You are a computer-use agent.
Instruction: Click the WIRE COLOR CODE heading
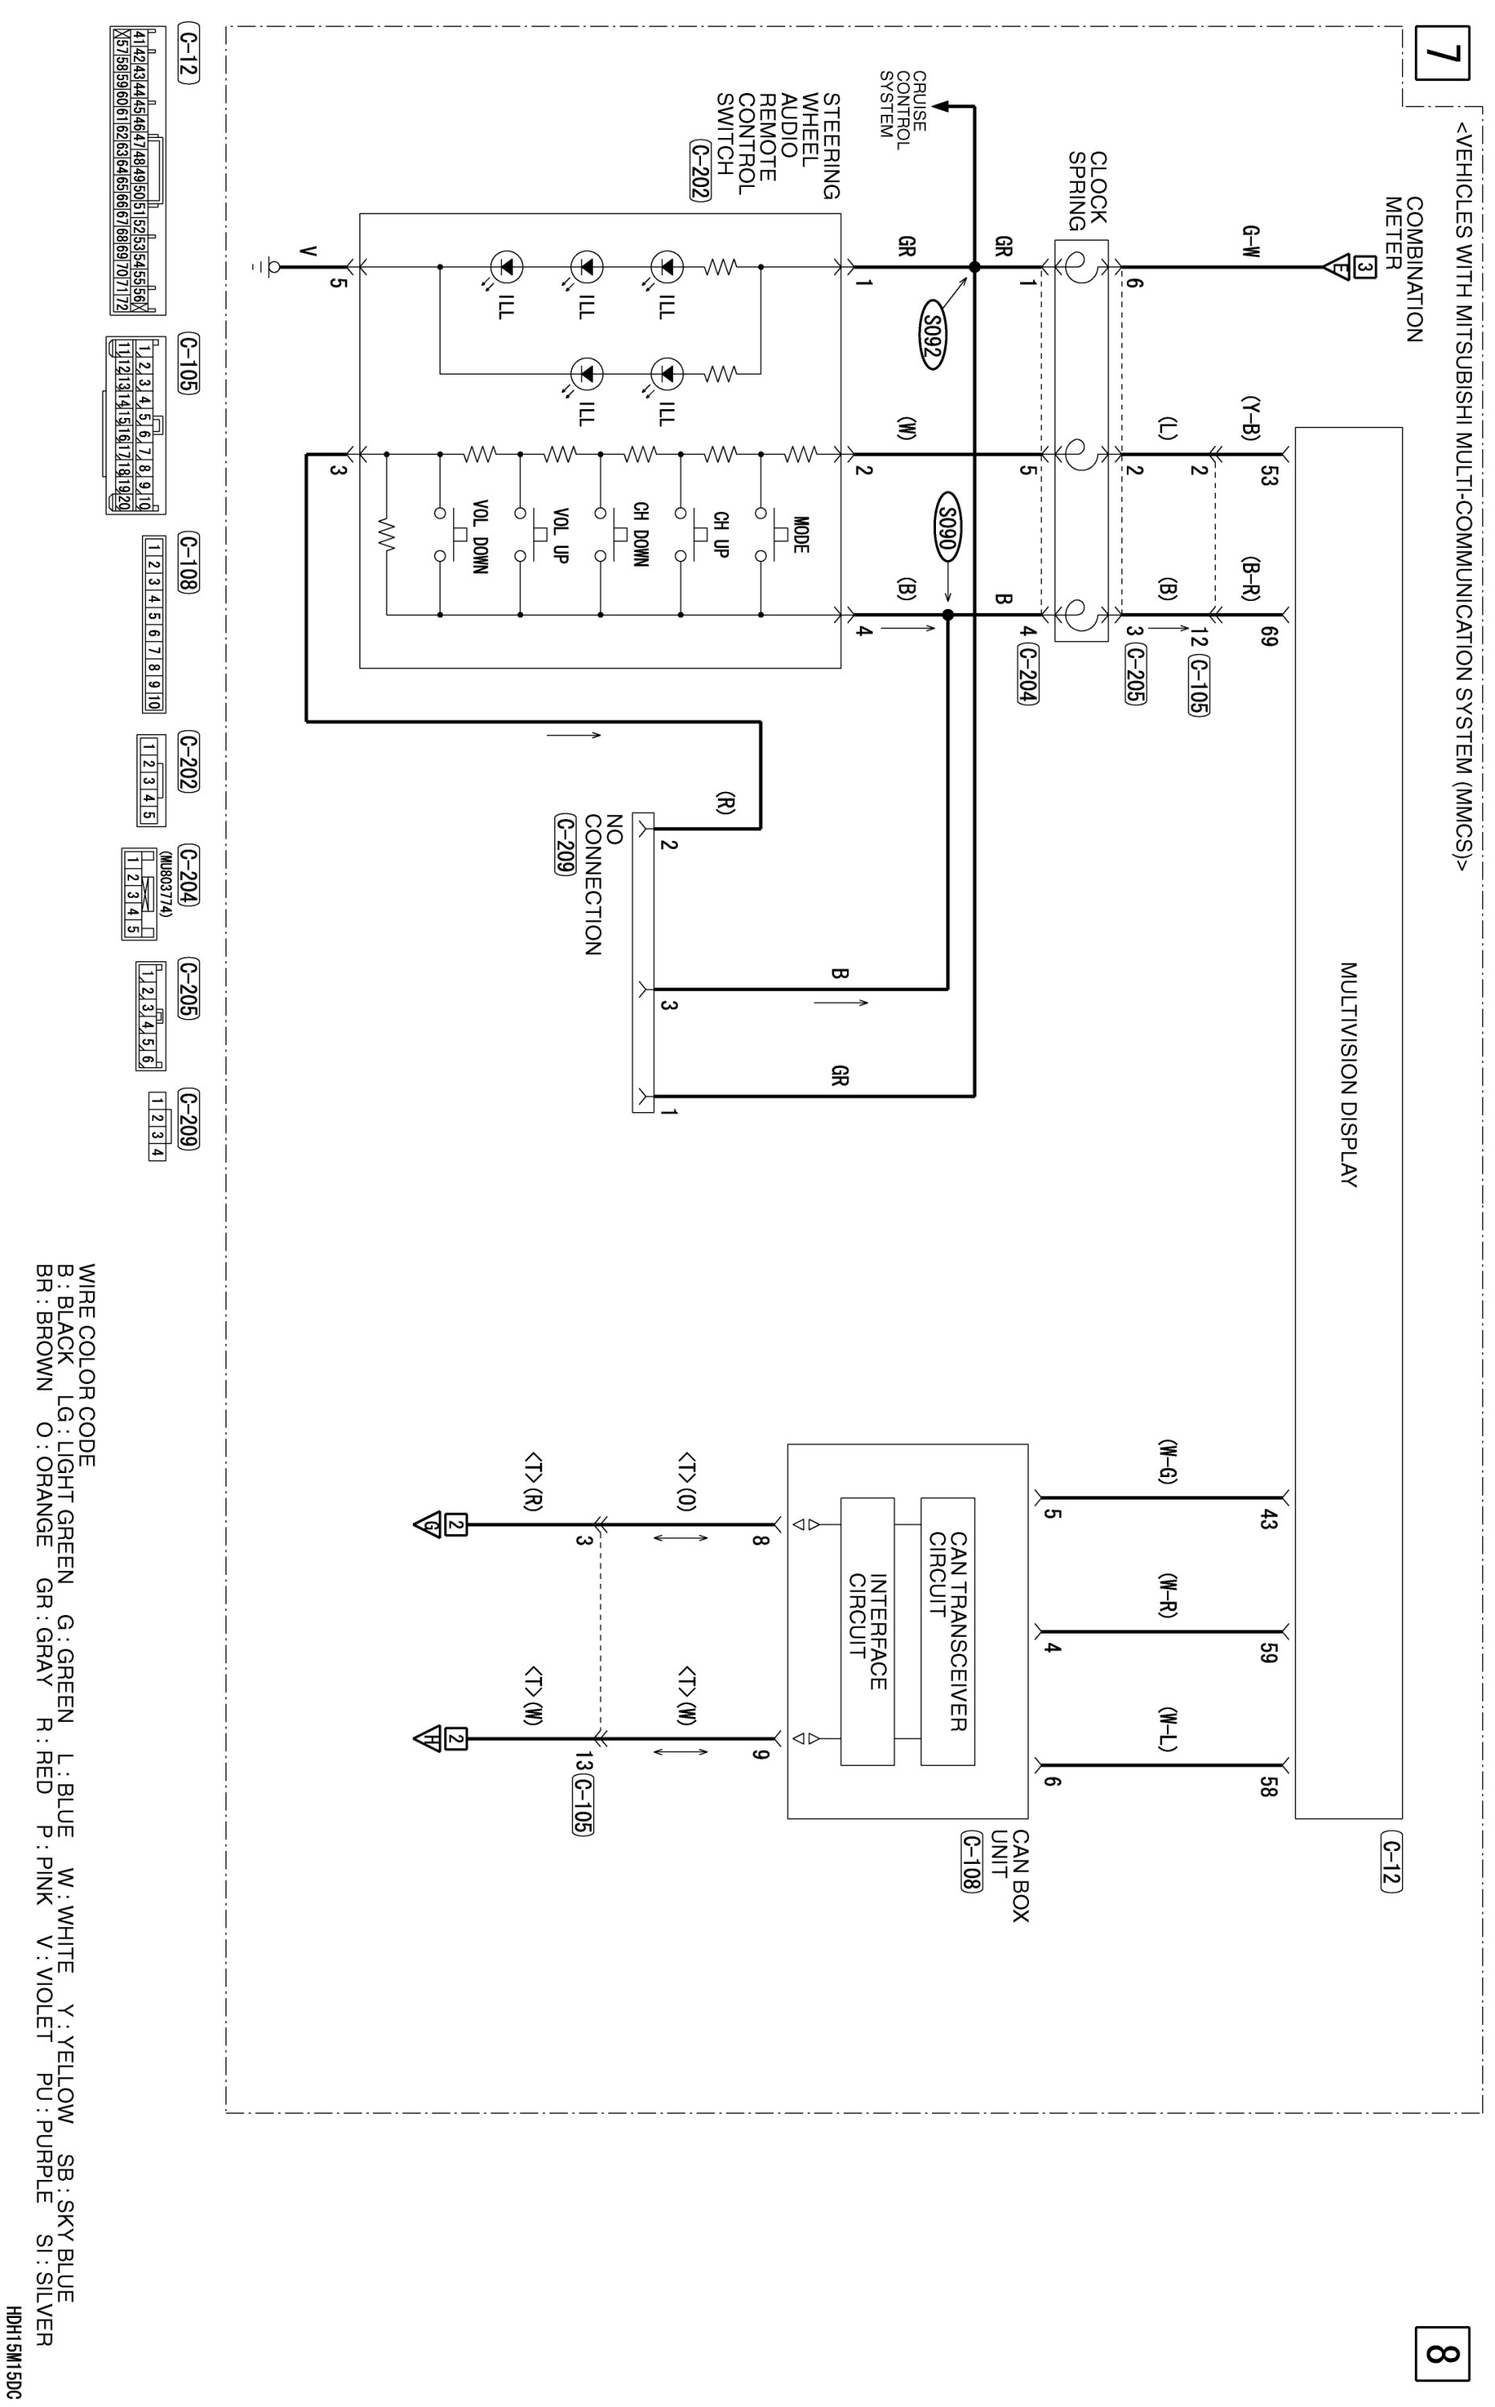tap(87, 1365)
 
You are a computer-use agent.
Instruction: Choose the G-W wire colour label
tap(1250, 242)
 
